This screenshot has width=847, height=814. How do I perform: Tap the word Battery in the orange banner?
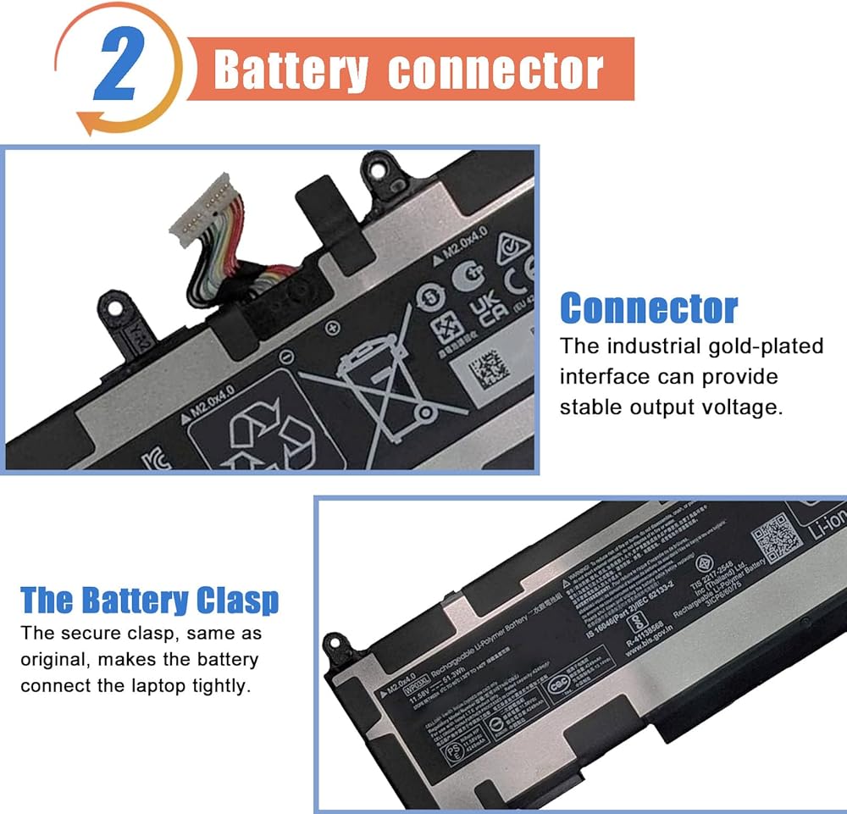(x=291, y=70)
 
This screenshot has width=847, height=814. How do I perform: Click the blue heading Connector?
(x=649, y=308)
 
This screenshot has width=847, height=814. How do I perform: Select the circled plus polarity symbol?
(x=332, y=326)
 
